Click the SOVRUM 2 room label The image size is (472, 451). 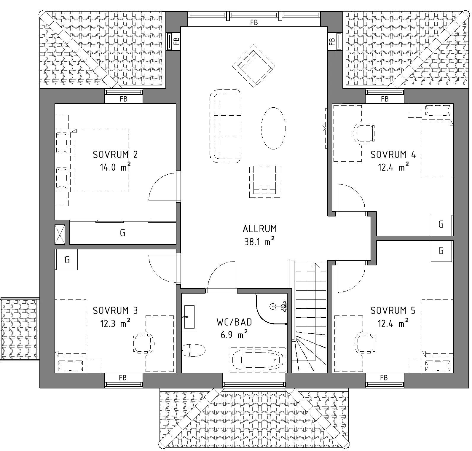click(115, 155)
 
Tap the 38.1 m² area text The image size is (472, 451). click(259, 242)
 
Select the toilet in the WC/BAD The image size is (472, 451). click(194, 350)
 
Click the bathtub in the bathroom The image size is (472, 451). click(258, 360)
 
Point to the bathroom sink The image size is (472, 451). click(189, 317)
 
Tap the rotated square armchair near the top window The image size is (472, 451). click(253, 66)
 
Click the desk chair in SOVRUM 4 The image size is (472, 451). click(364, 133)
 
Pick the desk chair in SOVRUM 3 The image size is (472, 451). click(144, 344)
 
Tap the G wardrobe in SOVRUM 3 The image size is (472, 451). click(67, 259)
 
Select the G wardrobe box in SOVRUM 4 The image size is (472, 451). click(441, 225)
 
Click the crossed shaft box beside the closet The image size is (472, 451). click(60, 235)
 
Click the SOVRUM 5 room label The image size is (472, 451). click(393, 311)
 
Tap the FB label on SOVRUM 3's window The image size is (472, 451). click(123, 378)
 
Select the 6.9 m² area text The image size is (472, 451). click(234, 335)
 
